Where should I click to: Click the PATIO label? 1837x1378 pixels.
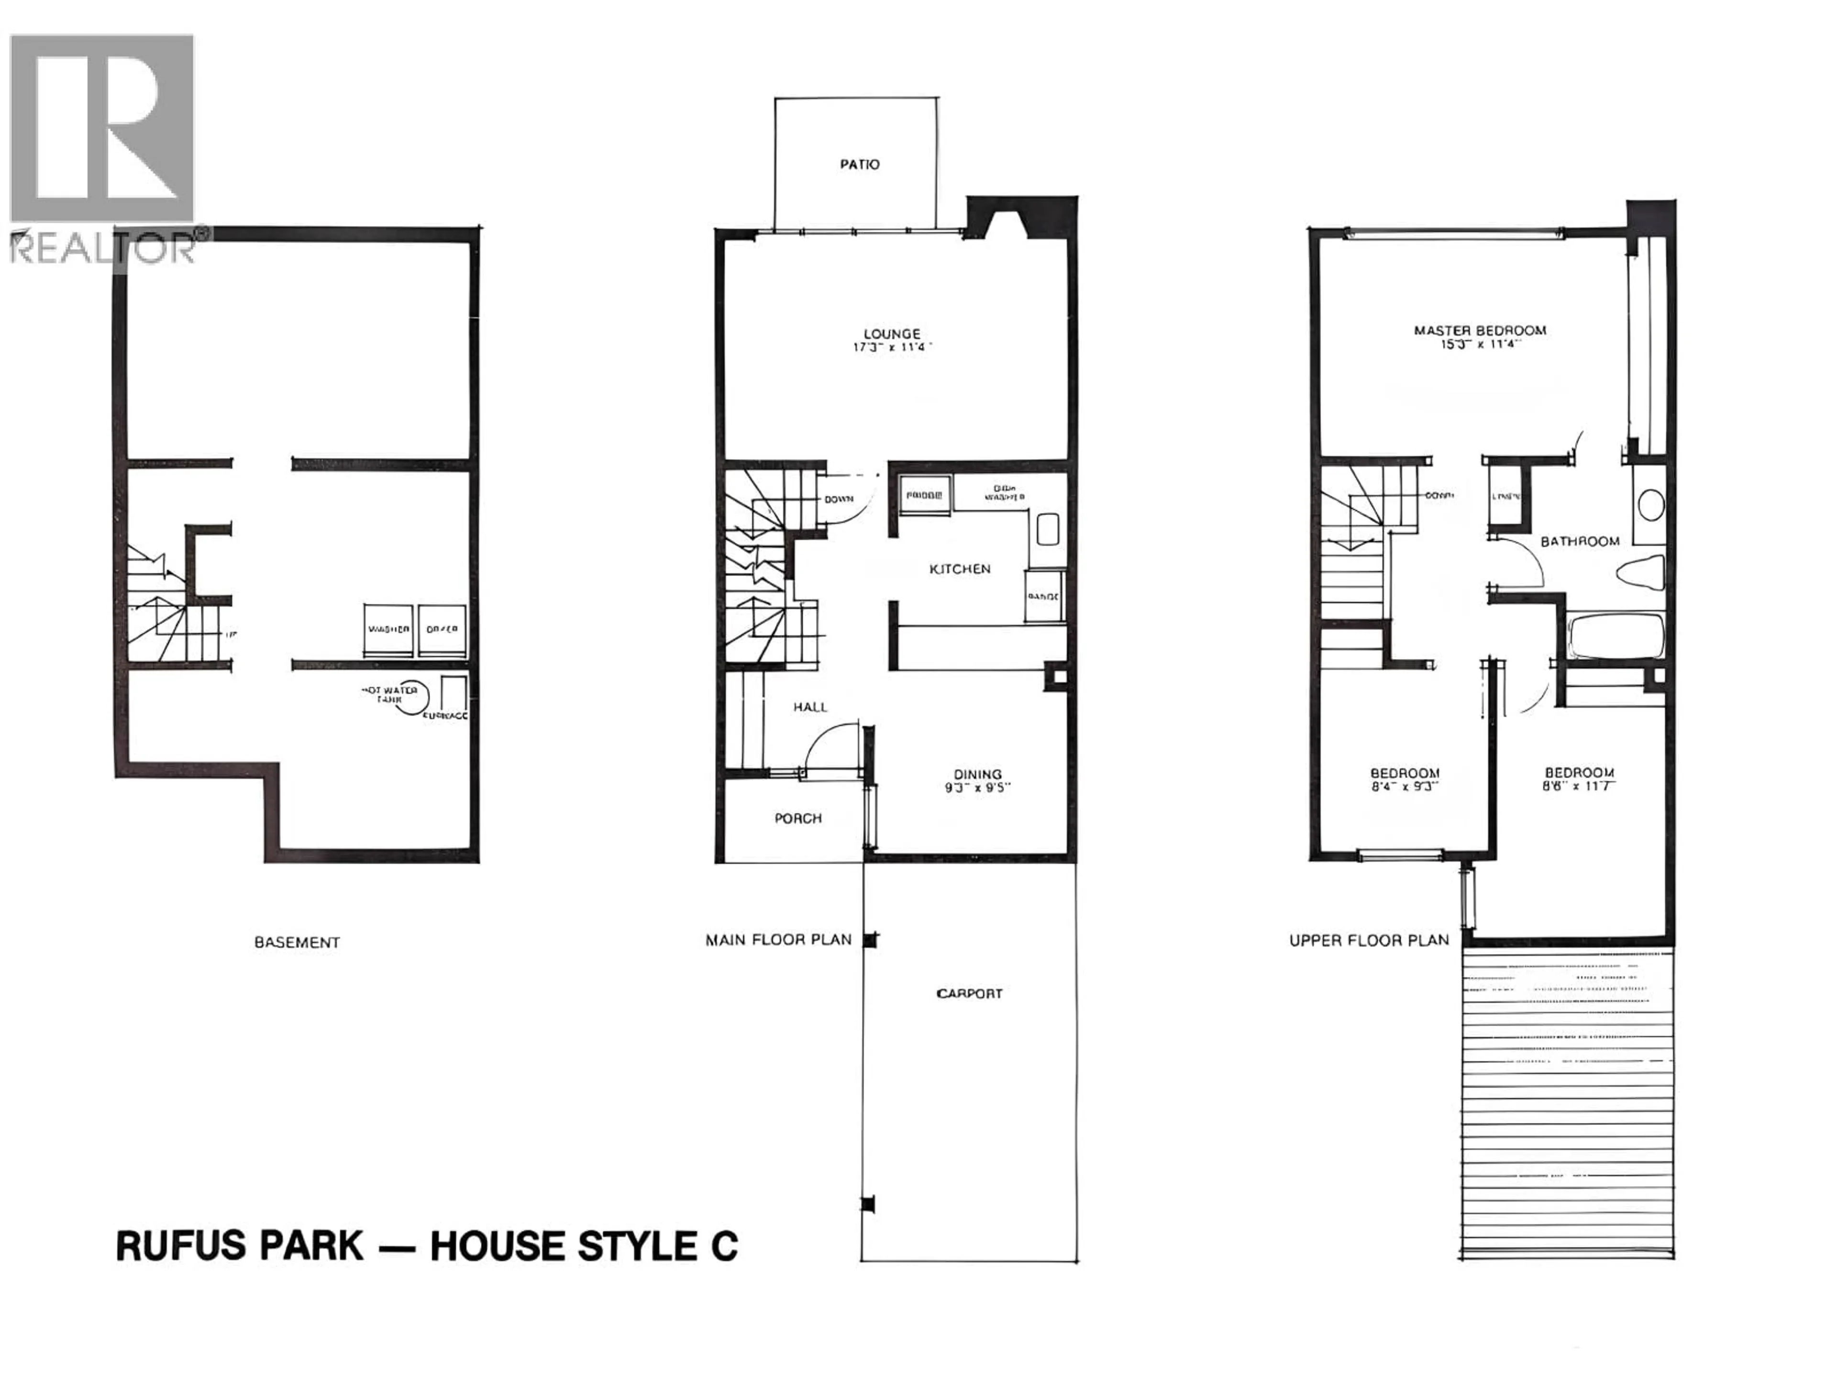click(860, 165)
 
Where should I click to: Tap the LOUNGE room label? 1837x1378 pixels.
click(892, 334)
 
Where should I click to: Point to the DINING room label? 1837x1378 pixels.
click(977, 774)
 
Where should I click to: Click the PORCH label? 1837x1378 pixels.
click(798, 818)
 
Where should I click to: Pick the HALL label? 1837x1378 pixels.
click(810, 707)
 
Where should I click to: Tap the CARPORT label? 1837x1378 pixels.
click(969, 993)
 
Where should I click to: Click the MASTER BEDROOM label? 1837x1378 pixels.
click(1480, 331)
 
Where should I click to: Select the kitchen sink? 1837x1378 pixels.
click(1047, 529)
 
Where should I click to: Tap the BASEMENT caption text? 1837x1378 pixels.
click(297, 943)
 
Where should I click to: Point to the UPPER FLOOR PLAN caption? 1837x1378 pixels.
click(1369, 940)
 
